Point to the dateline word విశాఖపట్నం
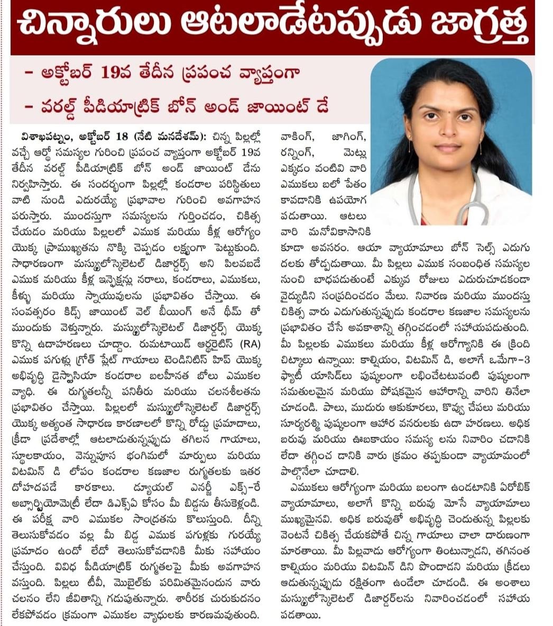43,135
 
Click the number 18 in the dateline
121,135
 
